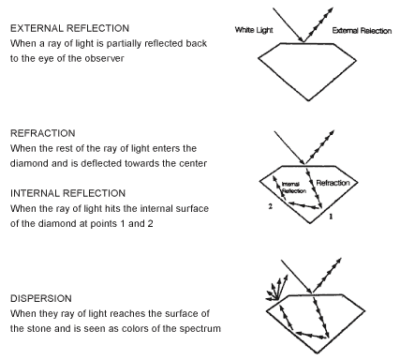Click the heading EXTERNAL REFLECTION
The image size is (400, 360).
click(x=69, y=28)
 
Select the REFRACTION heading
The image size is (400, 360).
click(x=43, y=133)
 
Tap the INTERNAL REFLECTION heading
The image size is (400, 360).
click(x=67, y=193)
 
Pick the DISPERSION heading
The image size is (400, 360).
click(x=41, y=298)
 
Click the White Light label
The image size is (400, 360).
click(x=254, y=30)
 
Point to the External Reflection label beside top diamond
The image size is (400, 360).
click(x=362, y=31)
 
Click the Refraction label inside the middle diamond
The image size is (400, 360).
click(x=333, y=183)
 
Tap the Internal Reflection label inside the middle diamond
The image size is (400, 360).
click(x=294, y=187)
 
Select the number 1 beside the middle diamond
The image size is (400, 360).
click(x=331, y=217)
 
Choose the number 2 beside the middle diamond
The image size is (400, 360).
click(x=271, y=206)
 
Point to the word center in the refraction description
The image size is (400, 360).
click(x=193, y=163)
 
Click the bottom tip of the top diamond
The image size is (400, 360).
click(x=309, y=100)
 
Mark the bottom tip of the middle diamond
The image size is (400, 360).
click(x=310, y=223)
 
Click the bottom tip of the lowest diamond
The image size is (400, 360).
click(x=318, y=353)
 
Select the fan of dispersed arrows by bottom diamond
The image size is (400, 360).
click(x=276, y=290)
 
